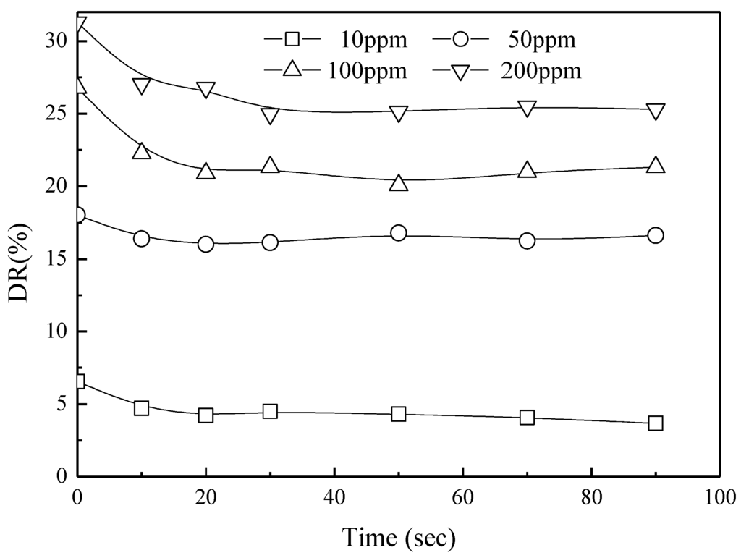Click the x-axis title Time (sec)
click(399, 537)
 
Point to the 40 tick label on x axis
click(334, 497)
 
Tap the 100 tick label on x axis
click(719, 497)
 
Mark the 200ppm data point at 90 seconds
click(656, 111)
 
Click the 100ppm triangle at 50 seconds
click(399, 183)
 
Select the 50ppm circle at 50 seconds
click(399, 233)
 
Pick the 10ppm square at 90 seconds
click(656, 423)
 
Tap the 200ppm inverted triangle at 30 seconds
click(270, 116)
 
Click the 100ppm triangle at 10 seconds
click(142, 151)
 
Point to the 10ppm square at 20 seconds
click(206, 415)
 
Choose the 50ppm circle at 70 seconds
click(527, 240)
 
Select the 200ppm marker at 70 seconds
click(527, 109)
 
